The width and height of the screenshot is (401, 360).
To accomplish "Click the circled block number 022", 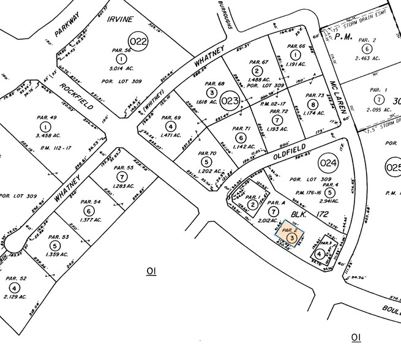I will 140,42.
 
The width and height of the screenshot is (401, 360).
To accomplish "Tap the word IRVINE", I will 119,20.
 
